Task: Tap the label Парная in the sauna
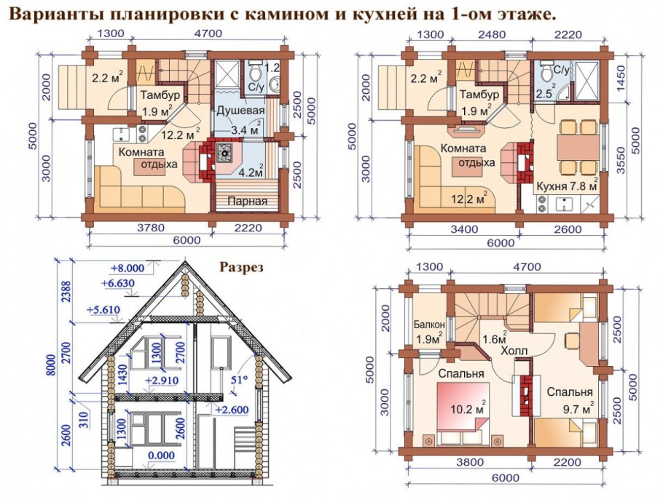[246, 201]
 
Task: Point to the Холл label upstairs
[514, 350]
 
